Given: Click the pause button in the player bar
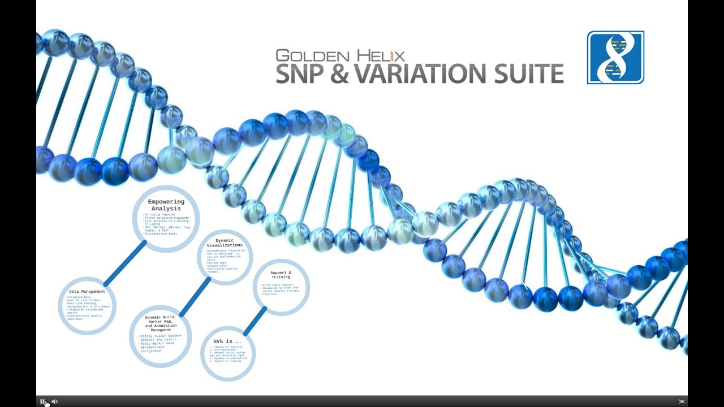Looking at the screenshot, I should (x=42, y=401).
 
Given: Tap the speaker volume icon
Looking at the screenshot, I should (x=55, y=401).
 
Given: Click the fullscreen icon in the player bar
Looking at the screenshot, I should (x=682, y=401).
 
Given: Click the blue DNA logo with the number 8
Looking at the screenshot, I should (x=615, y=58).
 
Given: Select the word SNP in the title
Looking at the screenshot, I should (x=303, y=74).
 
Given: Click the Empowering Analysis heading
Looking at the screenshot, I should (x=166, y=205).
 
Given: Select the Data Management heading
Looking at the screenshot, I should (x=87, y=292).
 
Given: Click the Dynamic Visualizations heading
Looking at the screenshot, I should (x=225, y=243).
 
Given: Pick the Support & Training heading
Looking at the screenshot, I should (x=281, y=275).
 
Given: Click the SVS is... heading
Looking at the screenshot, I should (x=227, y=341).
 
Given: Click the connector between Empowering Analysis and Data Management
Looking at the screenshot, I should (x=124, y=263).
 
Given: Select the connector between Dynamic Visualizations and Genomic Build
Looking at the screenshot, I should (x=195, y=297).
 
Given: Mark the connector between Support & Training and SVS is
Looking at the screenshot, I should (x=255, y=321).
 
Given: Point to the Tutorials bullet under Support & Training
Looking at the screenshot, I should (x=270, y=294).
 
